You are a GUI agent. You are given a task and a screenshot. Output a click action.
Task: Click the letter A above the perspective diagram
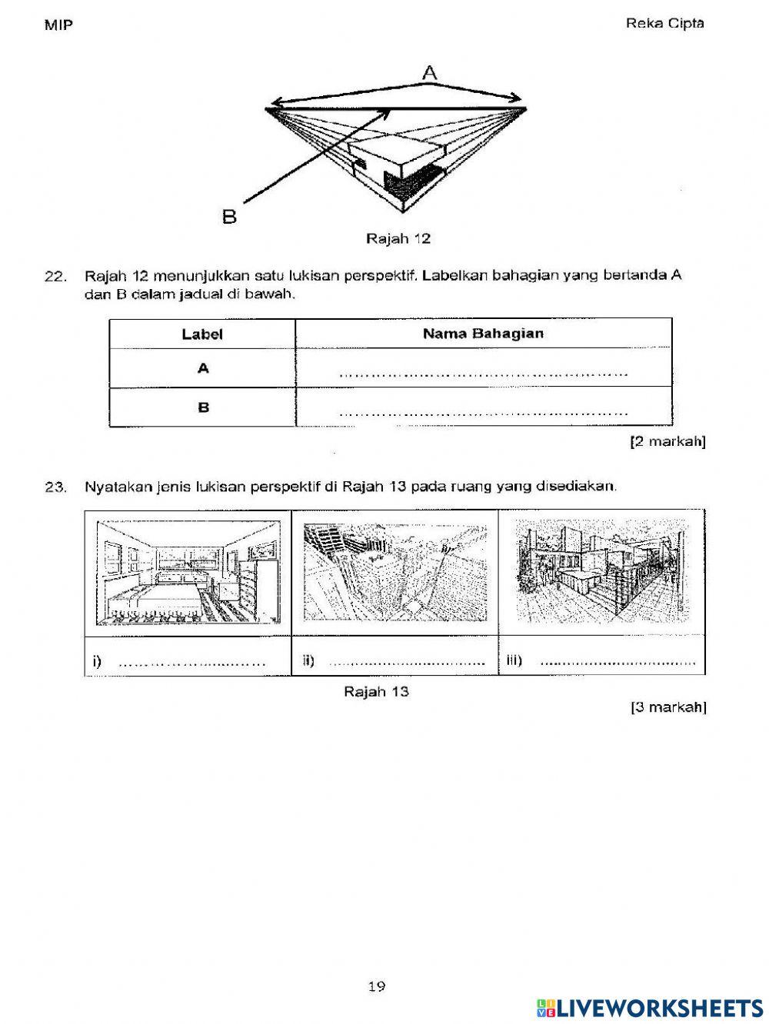point(429,73)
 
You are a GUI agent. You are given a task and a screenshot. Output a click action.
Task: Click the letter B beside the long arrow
point(229,217)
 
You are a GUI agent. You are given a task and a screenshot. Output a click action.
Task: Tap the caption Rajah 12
point(398,238)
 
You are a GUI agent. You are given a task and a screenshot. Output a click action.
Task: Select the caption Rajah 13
point(376,691)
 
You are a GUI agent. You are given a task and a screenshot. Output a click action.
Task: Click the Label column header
point(202,334)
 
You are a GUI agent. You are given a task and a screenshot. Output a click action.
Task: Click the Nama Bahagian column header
point(483,334)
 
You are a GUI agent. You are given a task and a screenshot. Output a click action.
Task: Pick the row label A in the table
point(203,369)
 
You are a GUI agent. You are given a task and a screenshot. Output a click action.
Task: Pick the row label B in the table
point(203,407)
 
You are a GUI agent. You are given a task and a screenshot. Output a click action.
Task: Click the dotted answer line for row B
point(483,414)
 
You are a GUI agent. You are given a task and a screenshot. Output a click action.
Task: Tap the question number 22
point(55,276)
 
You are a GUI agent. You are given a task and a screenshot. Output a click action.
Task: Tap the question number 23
point(55,487)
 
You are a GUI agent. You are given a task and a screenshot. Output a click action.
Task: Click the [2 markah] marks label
point(667,442)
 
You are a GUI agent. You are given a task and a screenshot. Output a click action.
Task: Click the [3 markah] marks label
point(667,707)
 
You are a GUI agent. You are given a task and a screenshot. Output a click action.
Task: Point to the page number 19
point(376,987)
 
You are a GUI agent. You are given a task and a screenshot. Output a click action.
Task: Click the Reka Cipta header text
point(664,23)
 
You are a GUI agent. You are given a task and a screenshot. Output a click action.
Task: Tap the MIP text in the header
point(58,25)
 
